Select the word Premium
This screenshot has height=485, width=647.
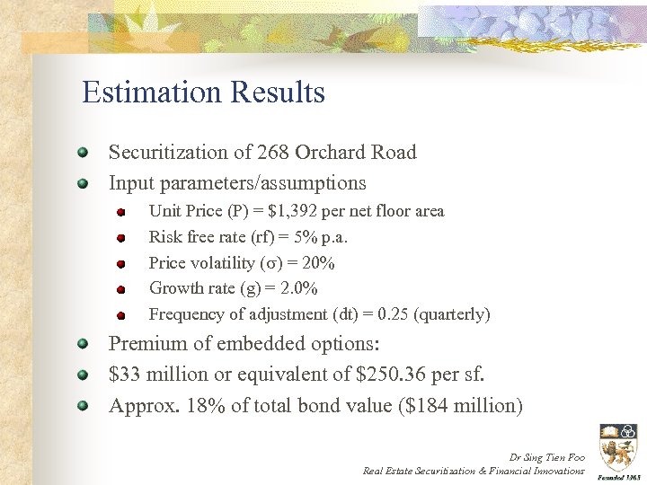pos(147,343)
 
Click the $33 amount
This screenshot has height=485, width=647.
pos(125,375)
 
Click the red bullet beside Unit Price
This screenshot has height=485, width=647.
pos(120,213)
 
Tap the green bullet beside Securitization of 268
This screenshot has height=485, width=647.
pos(82,152)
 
